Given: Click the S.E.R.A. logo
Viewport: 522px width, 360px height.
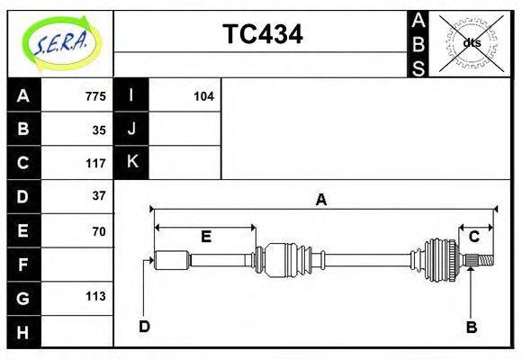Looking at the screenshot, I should [59, 43].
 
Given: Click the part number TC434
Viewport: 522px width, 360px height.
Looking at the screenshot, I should [262, 34].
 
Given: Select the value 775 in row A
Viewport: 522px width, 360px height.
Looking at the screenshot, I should [95, 96].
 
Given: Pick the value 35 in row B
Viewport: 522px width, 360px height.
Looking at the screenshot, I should [99, 130].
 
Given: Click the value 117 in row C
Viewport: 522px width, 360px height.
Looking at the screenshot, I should [95, 164].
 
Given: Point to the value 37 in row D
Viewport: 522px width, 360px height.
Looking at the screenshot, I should [99, 195].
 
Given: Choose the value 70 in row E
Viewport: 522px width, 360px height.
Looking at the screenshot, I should [99, 230].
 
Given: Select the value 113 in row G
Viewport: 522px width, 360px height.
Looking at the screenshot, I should [95, 296].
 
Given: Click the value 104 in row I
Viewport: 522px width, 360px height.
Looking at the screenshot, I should [203, 96].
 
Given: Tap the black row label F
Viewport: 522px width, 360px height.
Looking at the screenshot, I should [23, 265].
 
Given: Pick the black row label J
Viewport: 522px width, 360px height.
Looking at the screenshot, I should [131, 129].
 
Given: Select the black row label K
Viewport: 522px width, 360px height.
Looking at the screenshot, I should [131, 162].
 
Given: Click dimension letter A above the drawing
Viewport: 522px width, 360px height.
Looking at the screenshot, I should [320, 201].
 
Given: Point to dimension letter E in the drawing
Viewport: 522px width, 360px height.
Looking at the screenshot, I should [205, 237].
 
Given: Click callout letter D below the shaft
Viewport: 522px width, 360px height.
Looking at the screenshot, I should [144, 326].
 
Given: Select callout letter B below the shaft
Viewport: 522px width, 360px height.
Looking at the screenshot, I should [471, 327].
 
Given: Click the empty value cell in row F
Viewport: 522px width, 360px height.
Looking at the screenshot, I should [77, 265].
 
